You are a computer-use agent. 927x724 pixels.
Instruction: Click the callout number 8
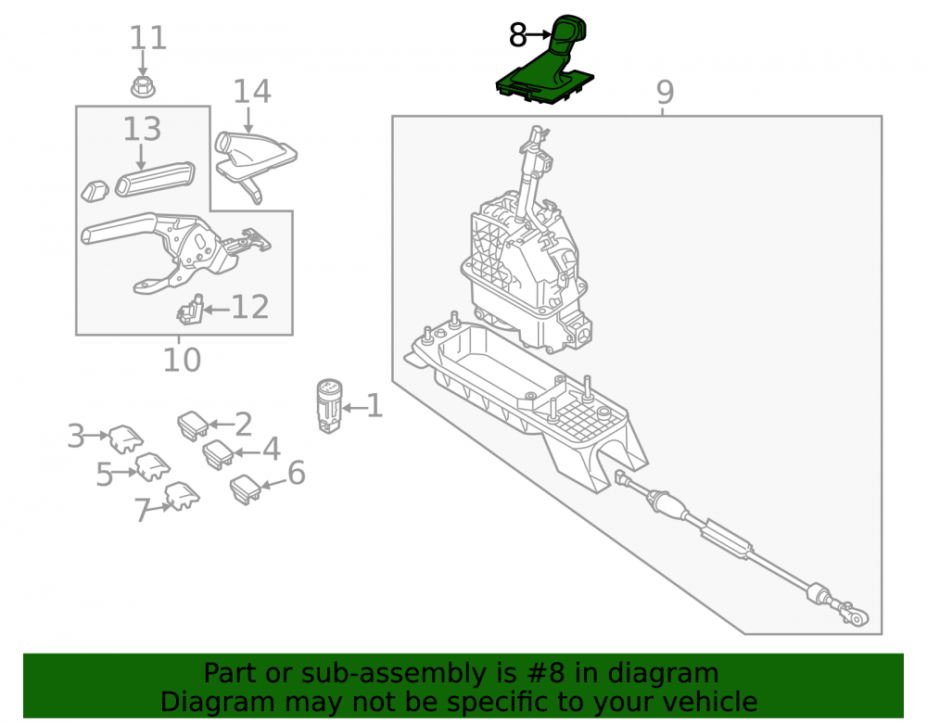[517, 35]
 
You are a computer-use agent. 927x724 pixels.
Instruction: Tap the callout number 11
[147, 38]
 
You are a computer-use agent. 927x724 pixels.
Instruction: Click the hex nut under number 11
[143, 87]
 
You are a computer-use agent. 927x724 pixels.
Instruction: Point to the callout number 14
[252, 92]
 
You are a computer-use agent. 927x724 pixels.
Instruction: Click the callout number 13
[142, 129]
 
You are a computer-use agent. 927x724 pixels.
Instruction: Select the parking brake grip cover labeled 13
[155, 178]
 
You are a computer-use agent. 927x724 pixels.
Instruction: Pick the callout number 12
[250, 307]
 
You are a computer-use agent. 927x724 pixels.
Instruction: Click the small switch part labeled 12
[190, 310]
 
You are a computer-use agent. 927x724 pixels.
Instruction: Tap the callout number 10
[182, 360]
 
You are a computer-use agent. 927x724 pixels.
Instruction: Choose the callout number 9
[665, 92]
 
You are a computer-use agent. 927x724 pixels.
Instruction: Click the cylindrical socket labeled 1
[329, 406]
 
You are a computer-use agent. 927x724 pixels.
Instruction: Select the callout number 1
[375, 406]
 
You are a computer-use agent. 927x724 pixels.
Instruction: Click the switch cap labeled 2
[193, 426]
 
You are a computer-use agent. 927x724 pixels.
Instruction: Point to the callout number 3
[76, 437]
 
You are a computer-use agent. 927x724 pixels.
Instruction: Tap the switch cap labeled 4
[218, 454]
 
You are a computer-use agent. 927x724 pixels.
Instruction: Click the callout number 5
[104, 475]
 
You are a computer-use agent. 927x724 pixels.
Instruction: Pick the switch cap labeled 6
[246, 489]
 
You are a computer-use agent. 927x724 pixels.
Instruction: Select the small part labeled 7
[182, 496]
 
